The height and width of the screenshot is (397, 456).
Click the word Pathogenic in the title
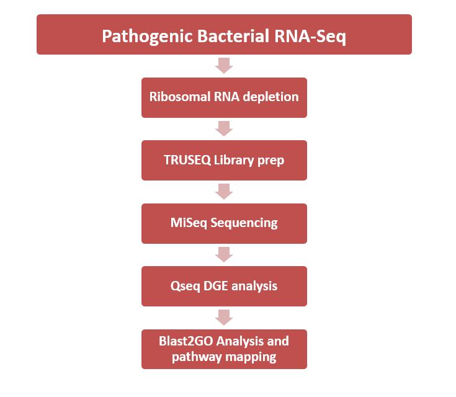pos(148,37)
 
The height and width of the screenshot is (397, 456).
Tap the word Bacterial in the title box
pos(233,36)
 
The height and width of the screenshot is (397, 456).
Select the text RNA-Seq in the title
pos(310,37)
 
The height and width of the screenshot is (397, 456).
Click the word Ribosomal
pos(179,97)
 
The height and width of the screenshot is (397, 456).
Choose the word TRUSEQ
pos(187,160)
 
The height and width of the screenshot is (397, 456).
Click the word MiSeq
pos(189,223)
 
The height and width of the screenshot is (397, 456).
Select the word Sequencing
pos(244,223)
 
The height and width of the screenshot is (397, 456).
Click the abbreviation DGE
pos(215,286)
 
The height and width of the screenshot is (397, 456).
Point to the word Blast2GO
pos(186,341)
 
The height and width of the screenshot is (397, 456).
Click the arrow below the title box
pos(224,65)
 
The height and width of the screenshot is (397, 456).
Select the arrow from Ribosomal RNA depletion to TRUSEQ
pos(224,128)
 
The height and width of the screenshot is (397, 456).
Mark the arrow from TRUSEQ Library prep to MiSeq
pos(224,192)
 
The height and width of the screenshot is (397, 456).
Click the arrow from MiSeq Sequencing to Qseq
pos(224,254)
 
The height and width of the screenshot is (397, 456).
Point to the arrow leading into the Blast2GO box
pos(224,318)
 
